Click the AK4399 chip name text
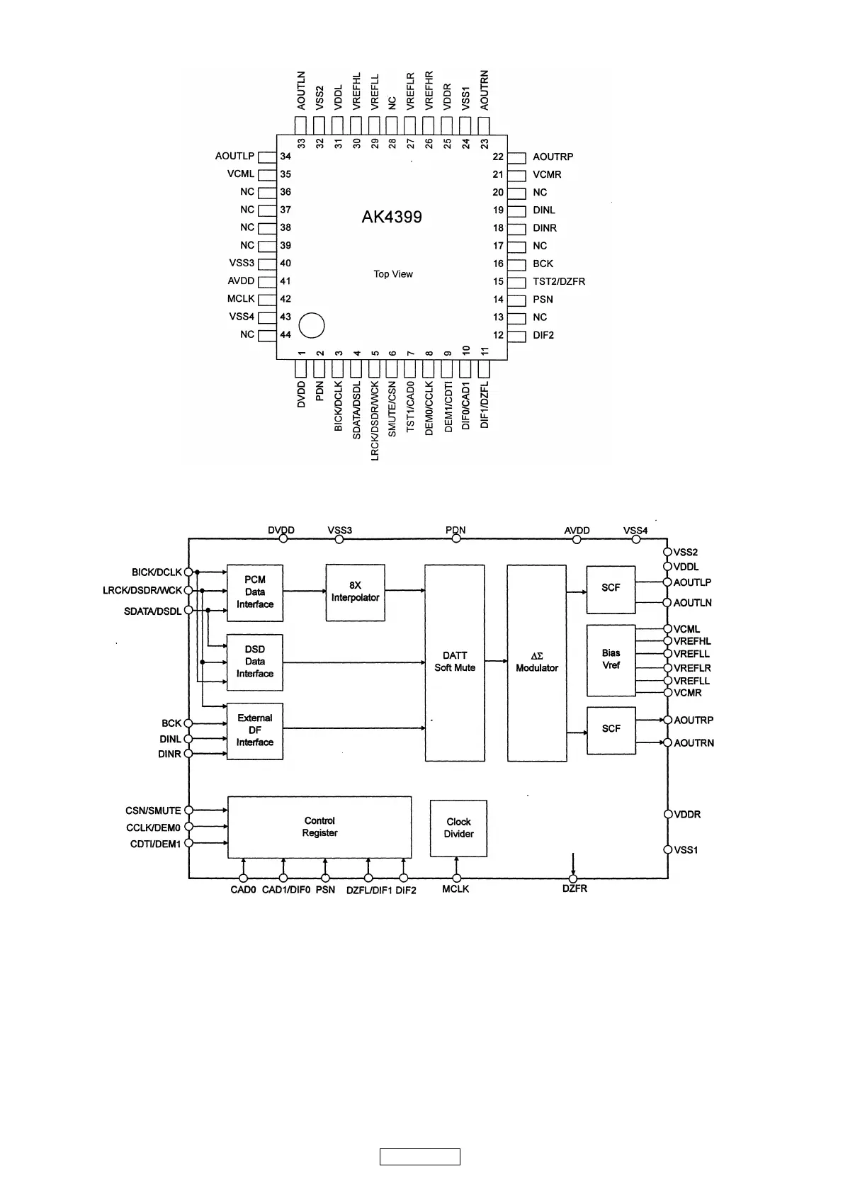point(392,217)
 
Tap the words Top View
point(393,274)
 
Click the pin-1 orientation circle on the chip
point(312,325)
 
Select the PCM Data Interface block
point(255,592)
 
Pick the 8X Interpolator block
point(355,592)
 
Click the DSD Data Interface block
point(255,662)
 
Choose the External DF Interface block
point(255,730)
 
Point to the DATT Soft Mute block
point(455,662)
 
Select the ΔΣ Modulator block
point(537,662)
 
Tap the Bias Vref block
point(611,660)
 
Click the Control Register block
point(319,827)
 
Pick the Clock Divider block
point(458,828)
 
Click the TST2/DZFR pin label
point(559,281)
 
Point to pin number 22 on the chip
point(498,157)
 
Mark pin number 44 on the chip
point(285,334)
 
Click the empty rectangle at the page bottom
point(420,1157)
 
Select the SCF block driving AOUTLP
point(611,589)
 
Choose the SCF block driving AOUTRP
point(611,730)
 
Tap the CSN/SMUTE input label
point(153,810)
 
